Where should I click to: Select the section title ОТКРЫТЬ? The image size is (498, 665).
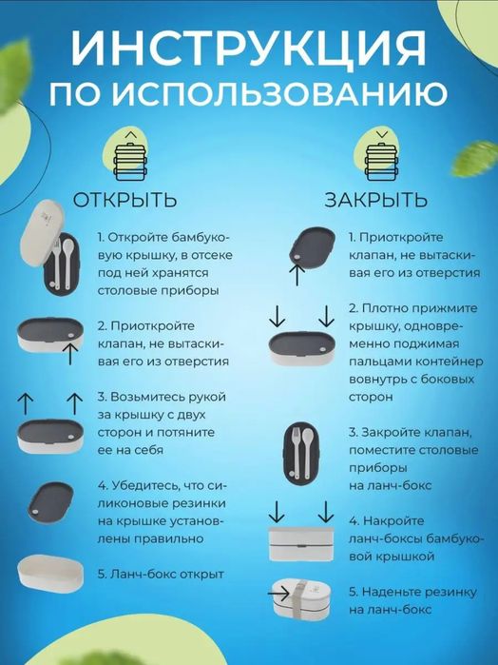point(125,200)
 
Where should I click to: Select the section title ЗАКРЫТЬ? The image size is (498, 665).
point(376,200)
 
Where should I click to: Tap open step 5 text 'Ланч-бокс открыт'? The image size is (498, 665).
point(160,574)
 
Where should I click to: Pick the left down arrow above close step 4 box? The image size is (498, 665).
point(272,508)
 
